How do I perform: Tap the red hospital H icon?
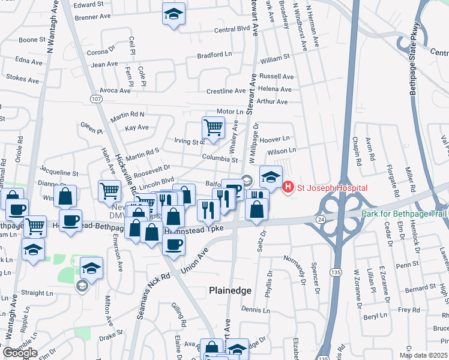(x=288, y=188)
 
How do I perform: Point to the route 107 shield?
(x=96, y=98)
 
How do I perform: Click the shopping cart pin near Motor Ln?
(x=214, y=127)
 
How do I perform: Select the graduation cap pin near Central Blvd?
(x=173, y=14)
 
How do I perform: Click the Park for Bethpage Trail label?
(x=405, y=214)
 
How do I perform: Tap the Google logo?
(x=20, y=353)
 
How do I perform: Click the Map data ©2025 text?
(x=423, y=355)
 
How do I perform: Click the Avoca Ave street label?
(x=115, y=91)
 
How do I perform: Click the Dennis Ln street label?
(x=255, y=310)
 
